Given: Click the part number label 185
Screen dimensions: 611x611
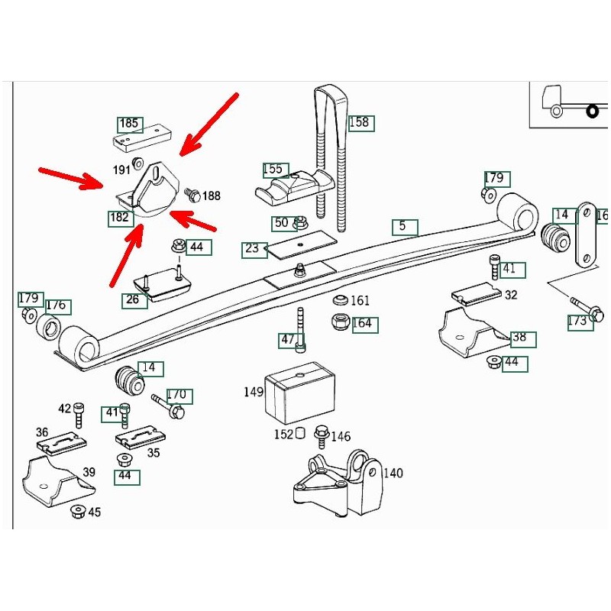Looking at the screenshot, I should tap(129, 124).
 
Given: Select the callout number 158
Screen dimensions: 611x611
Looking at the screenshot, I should tap(359, 122).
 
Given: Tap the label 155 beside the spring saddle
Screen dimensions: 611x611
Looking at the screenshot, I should tap(273, 170).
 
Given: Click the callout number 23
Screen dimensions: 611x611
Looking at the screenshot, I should tap(252, 249).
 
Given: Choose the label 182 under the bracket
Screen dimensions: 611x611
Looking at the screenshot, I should tap(119, 218).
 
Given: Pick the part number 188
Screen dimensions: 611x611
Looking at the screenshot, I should tap(211, 196).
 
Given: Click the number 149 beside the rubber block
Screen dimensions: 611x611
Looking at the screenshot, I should tap(254, 393).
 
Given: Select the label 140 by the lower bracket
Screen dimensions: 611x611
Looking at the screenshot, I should tap(393, 474).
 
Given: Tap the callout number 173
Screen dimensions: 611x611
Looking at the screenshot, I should tap(577, 321).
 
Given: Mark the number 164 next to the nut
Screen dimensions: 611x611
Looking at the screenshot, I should tap(361, 324).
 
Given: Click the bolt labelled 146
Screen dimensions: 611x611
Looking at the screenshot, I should tap(321, 436).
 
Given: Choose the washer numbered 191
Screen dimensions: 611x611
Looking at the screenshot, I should tap(139, 162).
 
